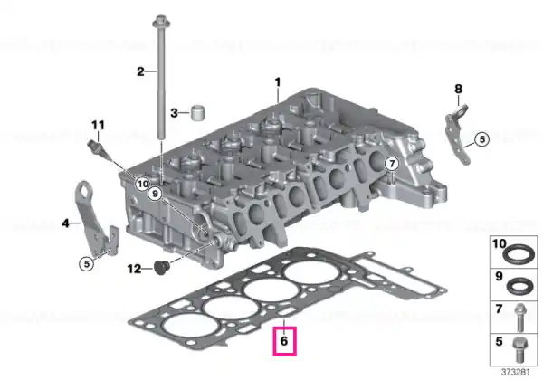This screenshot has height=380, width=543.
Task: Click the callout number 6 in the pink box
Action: pyautogui.click(x=284, y=341)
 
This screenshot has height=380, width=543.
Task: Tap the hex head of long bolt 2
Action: pyautogui.click(x=161, y=22)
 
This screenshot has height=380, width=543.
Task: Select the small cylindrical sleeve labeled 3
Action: pyautogui.click(x=197, y=112)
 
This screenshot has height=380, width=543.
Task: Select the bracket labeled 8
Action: pyautogui.click(x=458, y=134)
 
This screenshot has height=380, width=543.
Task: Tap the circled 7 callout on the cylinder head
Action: pyautogui.click(x=392, y=164)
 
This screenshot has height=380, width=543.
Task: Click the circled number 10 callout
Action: pyautogui.click(x=142, y=184)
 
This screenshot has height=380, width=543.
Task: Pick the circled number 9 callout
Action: pyautogui.click(x=155, y=194)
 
